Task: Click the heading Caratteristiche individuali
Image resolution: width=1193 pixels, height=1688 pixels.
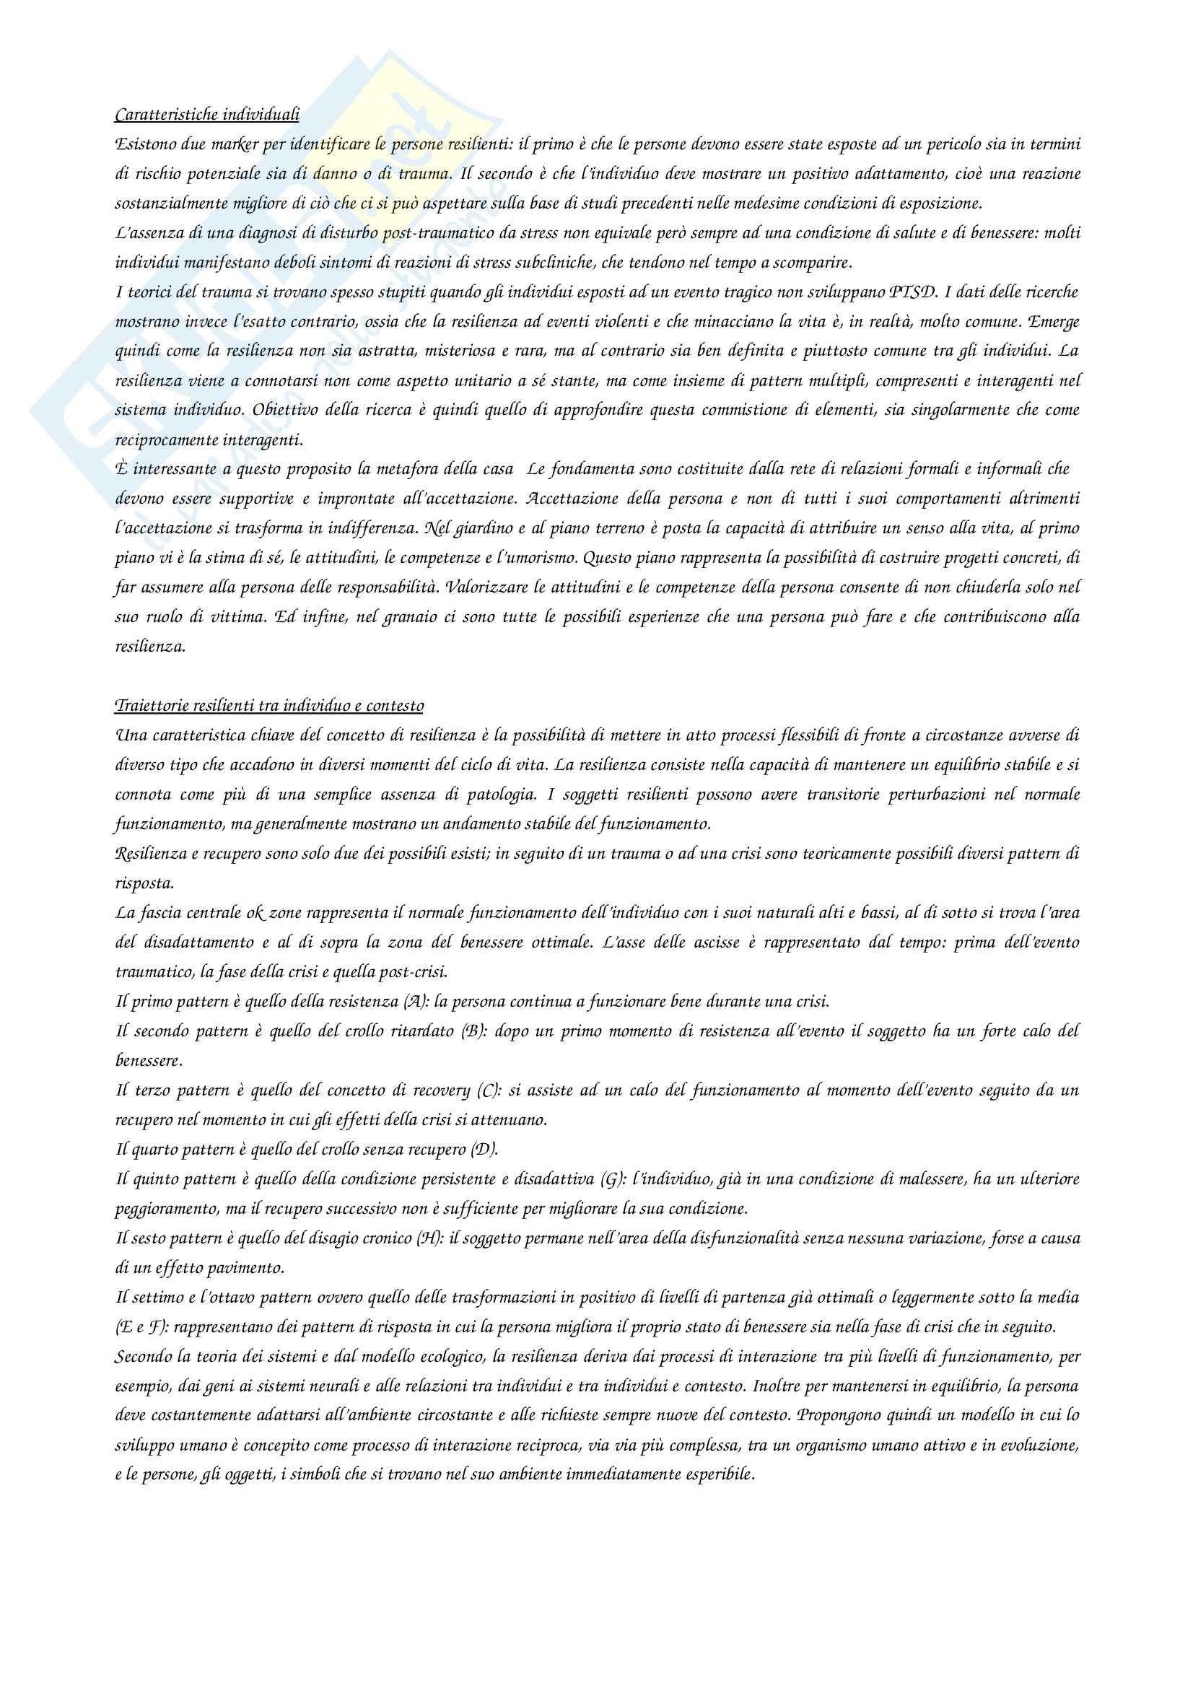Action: tap(207, 115)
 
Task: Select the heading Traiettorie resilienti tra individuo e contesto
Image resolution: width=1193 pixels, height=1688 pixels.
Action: tap(269, 706)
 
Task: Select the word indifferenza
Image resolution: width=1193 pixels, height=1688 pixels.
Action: tap(412, 528)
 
